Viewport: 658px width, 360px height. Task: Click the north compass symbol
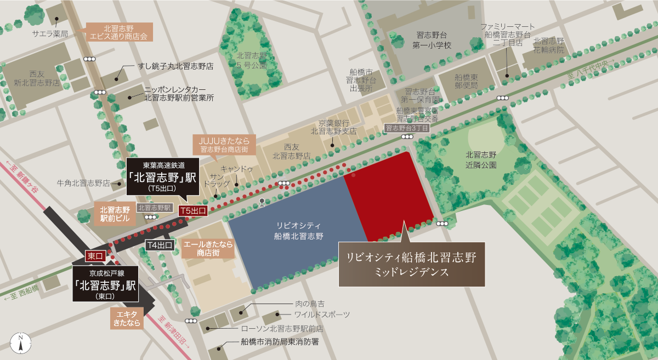(x=20, y=342)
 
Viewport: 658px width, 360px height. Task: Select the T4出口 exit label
(x=160, y=245)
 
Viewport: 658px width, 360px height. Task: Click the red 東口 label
(x=95, y=256)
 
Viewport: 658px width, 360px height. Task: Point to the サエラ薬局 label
(x=50, y=34)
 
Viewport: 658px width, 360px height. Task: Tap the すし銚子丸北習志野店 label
(x=175, y=66)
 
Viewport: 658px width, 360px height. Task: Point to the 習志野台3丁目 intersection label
(x=406, y=128)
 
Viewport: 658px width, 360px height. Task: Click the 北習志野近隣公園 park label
(x=481, y=159)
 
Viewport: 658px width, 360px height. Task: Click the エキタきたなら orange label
(x=127, y=318)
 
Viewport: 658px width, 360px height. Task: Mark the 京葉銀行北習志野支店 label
(x=333, y=127)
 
